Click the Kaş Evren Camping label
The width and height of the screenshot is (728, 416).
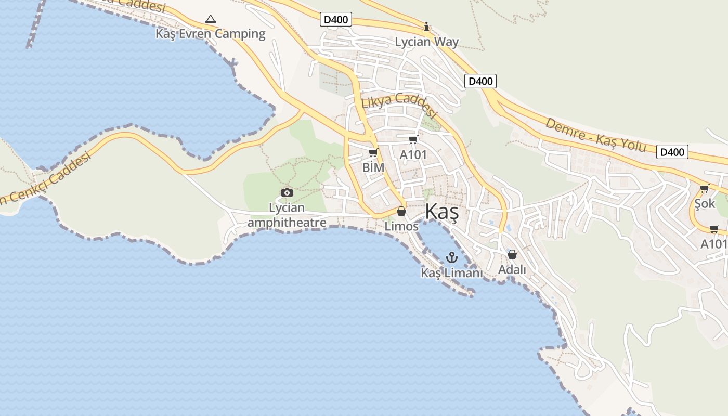pos(211,34)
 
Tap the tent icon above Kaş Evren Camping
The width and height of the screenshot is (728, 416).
pos(210,19)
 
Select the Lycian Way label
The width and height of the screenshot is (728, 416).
pos(427,42)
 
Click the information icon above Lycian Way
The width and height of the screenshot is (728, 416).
pos(426,27)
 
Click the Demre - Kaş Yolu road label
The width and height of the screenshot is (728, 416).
pos(595,135)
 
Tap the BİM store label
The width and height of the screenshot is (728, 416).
pos(373,167)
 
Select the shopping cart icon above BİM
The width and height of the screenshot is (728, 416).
pos(372,152)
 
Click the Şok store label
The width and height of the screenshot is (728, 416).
pos(705,203)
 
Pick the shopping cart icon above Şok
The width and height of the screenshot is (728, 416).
pos(704,188)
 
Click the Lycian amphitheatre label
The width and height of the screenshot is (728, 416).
pos(287,215)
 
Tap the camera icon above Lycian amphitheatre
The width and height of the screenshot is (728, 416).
pos(287,193)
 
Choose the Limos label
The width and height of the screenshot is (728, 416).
pos(401,226)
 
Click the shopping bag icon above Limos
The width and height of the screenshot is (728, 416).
pos(401,211)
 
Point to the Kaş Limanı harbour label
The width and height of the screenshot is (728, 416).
pos(452,273)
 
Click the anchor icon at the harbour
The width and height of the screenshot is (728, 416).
pos(451,257)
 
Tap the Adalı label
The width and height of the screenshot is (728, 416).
pos(512,270)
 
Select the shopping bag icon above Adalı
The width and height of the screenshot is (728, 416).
pos(512,254)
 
